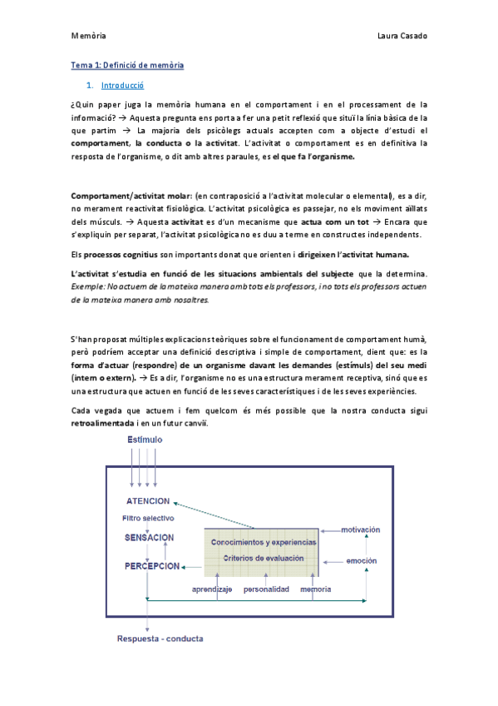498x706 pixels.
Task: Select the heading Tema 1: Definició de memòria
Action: pyautogui.click(x=127, y=65)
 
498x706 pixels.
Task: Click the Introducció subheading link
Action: pyautogui.click(x=123, y=86)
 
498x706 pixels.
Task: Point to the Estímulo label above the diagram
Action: pyautogui.click(x=145, y=439)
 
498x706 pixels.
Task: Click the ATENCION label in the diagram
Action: pyautogui.click(x=148, y=501)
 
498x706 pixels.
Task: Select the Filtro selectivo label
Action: pyautogui.click(x=148, y=519)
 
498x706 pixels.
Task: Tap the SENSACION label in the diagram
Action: pyautogui.click(x=150, y=537)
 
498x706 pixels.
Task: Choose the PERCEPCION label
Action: pyautogui.click(x=152, y=565)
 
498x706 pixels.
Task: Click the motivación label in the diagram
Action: pyautogui.click(x=360, y=529)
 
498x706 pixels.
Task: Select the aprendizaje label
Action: pyautogui.click(x=211, y=589)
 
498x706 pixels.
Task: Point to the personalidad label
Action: pyautogui.click(x=266, y=589)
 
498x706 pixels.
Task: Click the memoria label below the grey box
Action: pyautogui.click(x=316, y=589)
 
